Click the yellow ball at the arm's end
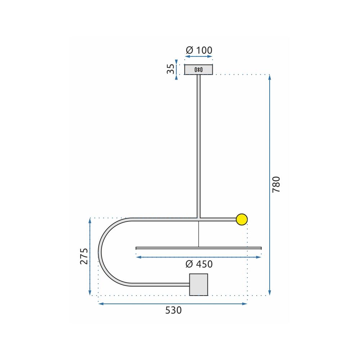(242, 219)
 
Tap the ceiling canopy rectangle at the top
(207, 69)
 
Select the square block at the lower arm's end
(199, 284)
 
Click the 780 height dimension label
(276, 185)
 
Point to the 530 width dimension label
(174, 310)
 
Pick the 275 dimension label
(84, 256)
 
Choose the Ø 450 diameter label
(199, 264)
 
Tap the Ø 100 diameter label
(199, 50)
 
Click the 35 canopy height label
(171, 69)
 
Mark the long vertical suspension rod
(198, 144)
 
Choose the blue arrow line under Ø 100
(199, 57)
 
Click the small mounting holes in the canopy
(199, 69)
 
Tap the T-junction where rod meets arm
(198, 218)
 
